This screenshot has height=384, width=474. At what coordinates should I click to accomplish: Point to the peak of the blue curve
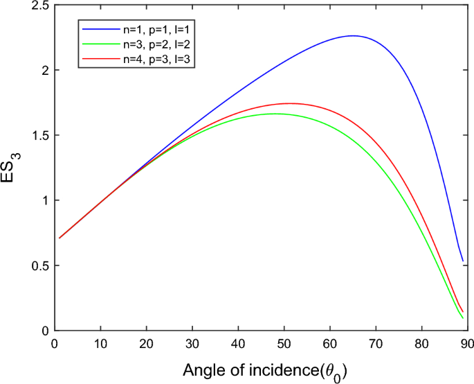(352, 35)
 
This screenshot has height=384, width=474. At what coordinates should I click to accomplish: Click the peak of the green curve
(275, 114)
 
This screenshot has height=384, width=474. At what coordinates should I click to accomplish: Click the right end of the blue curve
(463, 262)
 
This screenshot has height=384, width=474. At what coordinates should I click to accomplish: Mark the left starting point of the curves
(60, 238)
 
